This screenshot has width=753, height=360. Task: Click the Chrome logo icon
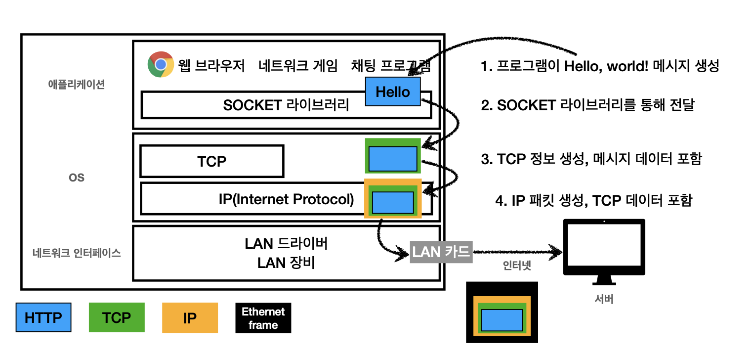pyautogui.click(x=160, y=65)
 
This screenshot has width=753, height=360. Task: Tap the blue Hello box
pyautogui.click(x=393, y=91)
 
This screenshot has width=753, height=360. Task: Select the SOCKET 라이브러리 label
pyautogui.click(x=286, y=105)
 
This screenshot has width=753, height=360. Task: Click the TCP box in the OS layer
pyautogui.click(x=212, y=161)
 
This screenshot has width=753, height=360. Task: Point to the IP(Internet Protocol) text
pyautogui.click(x=286, y=199)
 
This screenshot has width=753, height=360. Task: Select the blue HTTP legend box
pyautogui.click(x=43, y=317)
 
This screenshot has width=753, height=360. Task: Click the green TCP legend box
pyautogui.click(x=117, y=317)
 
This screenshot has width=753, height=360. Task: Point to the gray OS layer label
pyautogui.click(x=77, y=177)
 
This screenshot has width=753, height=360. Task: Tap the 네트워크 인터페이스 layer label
pyautogui.click(x=77, y=253)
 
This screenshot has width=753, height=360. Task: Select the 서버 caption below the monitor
pyautogui.click(x=604, y=299)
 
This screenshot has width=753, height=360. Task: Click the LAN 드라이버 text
pyautogui.click(x=286, y=244)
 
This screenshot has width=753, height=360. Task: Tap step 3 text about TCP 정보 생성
pyautogui.click(x=591, y=159)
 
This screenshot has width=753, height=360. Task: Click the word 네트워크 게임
pyautogui.click(x=298, y=66)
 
